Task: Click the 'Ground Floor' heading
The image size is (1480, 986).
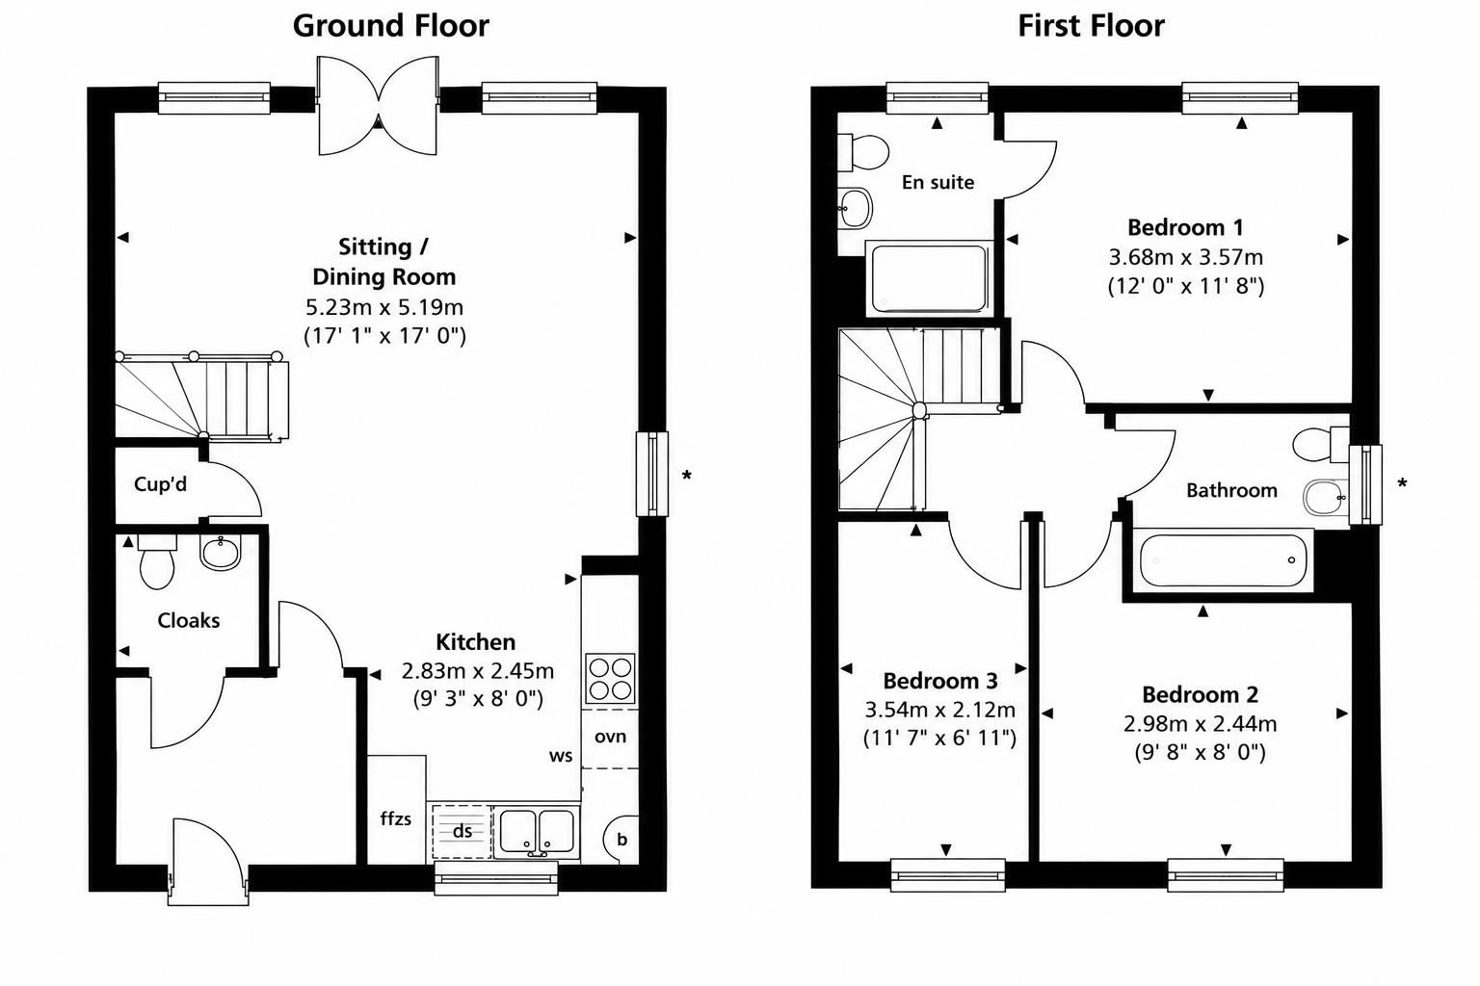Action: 390,26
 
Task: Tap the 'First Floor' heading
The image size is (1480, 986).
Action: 1091,26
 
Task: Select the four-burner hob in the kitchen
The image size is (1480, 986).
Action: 611,679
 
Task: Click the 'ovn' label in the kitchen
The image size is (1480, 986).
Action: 610,737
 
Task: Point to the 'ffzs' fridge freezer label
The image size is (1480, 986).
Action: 396,818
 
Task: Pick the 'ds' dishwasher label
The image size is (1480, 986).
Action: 462,831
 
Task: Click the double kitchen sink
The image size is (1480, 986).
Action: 537,832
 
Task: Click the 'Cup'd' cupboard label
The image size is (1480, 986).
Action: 160,484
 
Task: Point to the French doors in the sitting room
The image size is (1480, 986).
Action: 378,106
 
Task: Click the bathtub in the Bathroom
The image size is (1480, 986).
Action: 1223,560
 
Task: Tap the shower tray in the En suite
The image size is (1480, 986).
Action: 928,278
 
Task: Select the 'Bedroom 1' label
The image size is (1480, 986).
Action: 1185,228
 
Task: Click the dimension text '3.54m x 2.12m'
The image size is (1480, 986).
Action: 939,710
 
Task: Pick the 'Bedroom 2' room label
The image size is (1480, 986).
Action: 1200,695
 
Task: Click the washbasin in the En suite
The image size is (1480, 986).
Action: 855,208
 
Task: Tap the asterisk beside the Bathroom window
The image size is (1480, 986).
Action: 1402,484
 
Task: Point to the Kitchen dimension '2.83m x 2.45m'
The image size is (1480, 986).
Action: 478,671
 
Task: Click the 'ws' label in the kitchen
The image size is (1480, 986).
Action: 560,756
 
